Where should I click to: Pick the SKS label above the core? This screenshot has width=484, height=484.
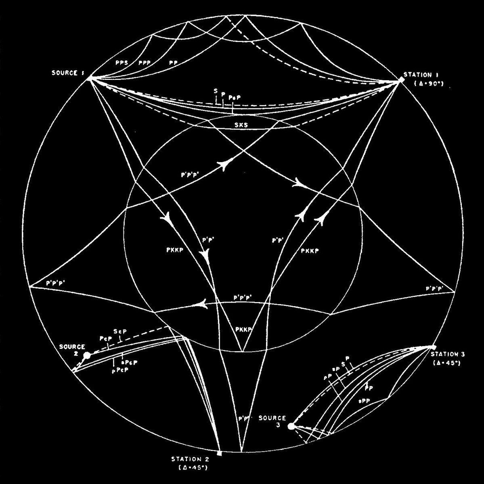[x=241, y=125]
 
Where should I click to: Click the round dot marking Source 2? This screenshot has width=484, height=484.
[x=87, y=356]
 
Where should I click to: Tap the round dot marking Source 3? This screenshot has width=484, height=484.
[x=291, y=426]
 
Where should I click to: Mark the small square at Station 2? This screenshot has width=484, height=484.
[x=219, y=453]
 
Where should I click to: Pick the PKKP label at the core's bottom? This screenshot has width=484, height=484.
[x=243, y=329]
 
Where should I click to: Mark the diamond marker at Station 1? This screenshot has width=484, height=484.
[x=401, y=80]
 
